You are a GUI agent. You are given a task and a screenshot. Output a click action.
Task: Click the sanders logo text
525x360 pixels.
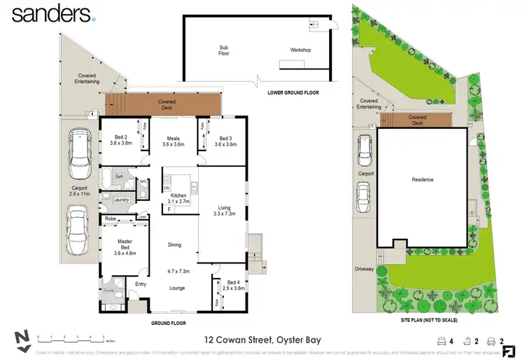coord(51,14)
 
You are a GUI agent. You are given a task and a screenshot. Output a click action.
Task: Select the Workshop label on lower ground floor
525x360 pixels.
coord(300,50)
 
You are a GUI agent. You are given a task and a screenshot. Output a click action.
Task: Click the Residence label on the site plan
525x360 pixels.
coord(422,180)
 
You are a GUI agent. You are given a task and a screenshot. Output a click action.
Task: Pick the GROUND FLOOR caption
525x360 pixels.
coord(171,324)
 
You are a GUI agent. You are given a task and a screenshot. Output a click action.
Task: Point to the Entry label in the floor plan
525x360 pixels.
coord(140,284)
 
